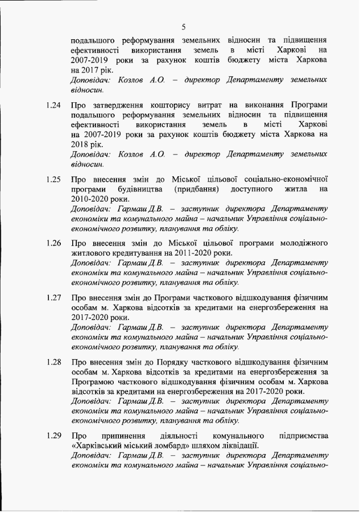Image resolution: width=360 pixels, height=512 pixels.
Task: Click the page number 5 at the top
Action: point(184,26)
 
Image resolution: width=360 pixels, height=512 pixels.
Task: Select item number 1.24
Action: point(53,106)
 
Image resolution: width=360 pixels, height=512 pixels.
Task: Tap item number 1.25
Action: point(53,180)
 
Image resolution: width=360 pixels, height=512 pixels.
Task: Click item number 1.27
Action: point(53,298)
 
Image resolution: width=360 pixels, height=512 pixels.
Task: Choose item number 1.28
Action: point(53,362)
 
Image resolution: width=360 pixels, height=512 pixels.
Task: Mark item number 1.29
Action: point(53,436)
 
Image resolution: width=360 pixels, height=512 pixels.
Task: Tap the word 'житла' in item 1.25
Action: point(295,189)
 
